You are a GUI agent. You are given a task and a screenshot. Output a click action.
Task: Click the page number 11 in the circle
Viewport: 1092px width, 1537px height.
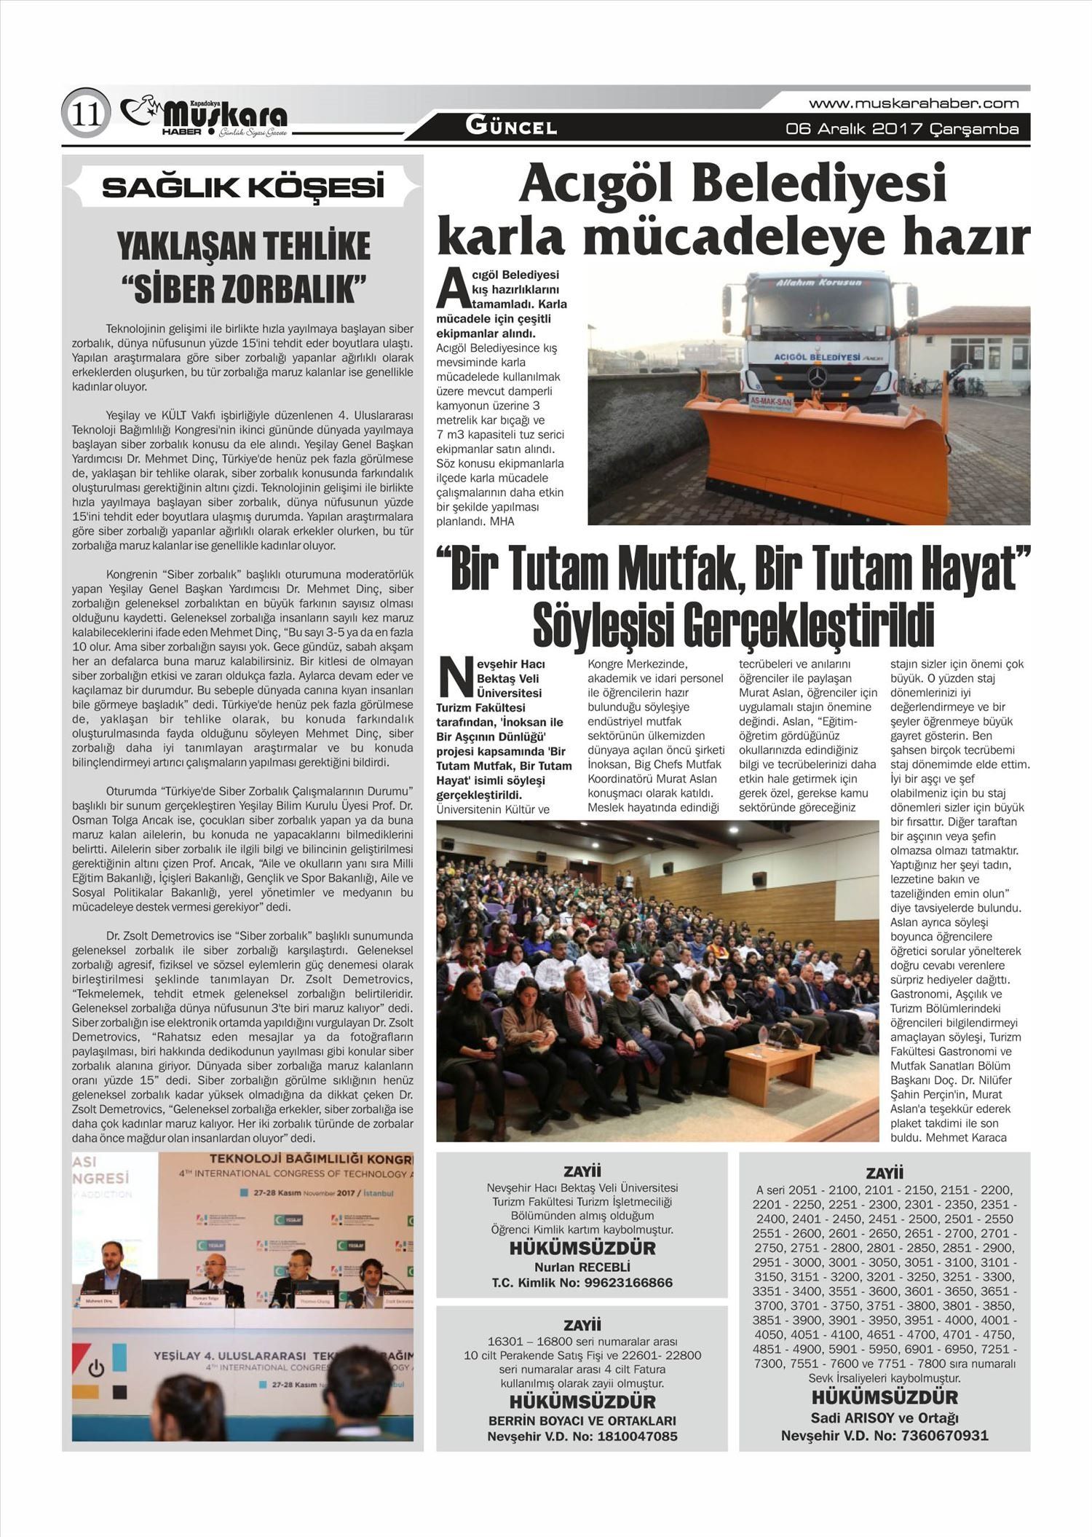click(86, 115)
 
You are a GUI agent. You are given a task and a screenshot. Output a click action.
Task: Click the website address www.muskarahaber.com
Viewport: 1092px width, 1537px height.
click(914, 103)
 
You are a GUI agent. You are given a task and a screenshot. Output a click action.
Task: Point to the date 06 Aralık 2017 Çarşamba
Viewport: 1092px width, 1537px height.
click(902, 129)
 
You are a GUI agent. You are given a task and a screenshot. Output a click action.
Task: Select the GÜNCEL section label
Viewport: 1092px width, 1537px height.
click(511, 127)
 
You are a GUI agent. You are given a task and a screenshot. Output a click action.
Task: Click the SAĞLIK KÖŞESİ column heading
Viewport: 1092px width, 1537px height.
click(242, 188)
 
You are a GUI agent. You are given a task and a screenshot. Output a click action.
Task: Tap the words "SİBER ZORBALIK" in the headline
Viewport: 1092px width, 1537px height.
click(242, 289)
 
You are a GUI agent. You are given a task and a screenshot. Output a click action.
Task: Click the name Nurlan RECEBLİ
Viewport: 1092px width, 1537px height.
click(582, 1267)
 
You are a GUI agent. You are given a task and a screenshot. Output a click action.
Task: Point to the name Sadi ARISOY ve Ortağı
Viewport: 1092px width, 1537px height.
click(885, 1418)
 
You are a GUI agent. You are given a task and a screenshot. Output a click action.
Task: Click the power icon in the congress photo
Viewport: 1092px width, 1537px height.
click(96, 1368)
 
